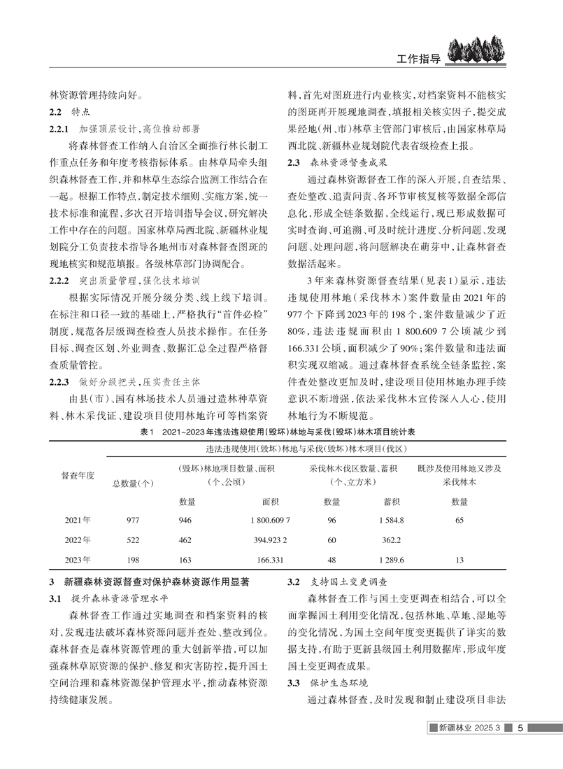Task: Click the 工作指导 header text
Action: coord(417,59)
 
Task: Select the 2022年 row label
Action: coord(78,540)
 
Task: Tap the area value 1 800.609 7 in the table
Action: coord(263,520)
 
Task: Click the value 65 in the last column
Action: coord(459,520)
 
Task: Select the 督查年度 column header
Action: coord(78,475)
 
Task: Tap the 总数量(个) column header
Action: coord(133,482)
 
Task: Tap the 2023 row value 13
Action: coord(459,560)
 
